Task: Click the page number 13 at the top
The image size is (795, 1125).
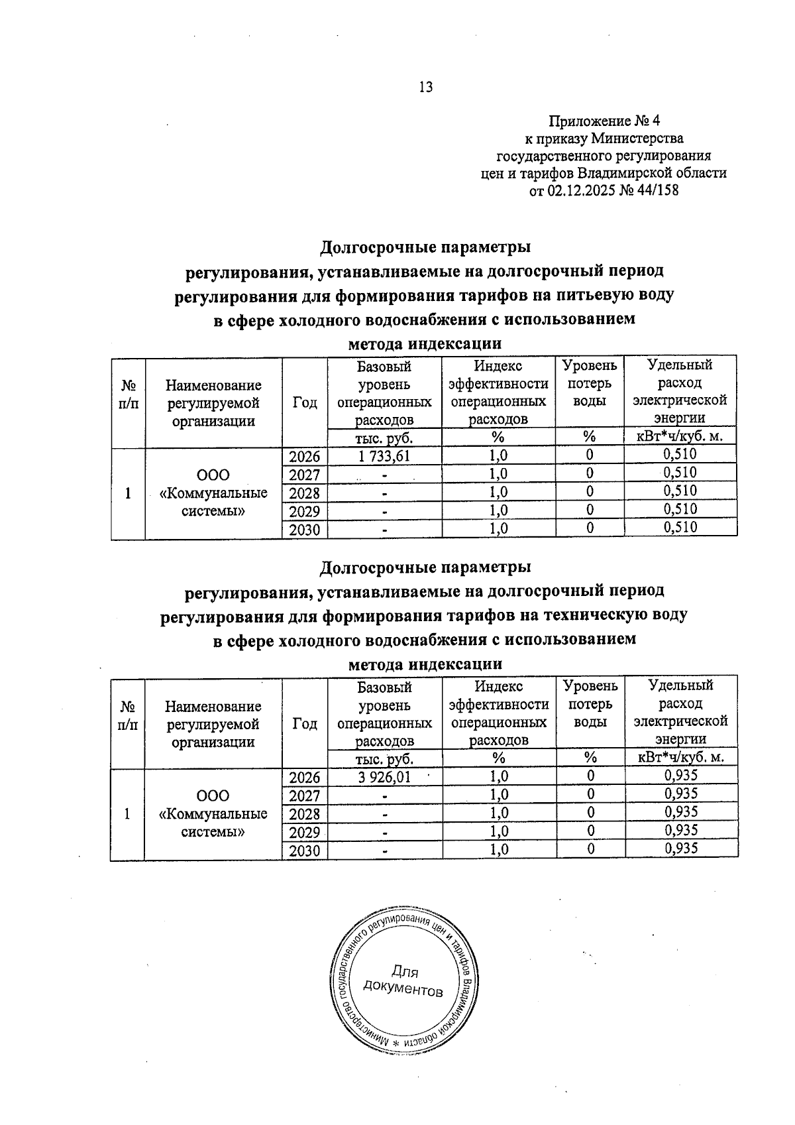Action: pos(426,87)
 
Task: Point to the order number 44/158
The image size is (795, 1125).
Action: pos(655,191)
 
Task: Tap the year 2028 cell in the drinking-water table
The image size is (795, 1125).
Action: pos(305,493)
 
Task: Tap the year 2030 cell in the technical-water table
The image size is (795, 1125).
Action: pos(305,851)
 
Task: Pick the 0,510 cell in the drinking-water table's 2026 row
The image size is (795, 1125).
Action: pos(680,454)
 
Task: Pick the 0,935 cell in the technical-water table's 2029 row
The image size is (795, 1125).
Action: pos(680,830)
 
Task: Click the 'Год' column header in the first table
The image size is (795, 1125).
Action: pos(305,402)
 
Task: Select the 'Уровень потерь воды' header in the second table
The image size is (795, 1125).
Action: pos(590,703)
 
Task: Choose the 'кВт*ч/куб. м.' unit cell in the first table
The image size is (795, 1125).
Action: pos(680,436)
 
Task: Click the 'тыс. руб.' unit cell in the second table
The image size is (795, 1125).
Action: pos(385,758)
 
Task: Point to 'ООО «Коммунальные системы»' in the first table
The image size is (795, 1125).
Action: pos(213,493)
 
